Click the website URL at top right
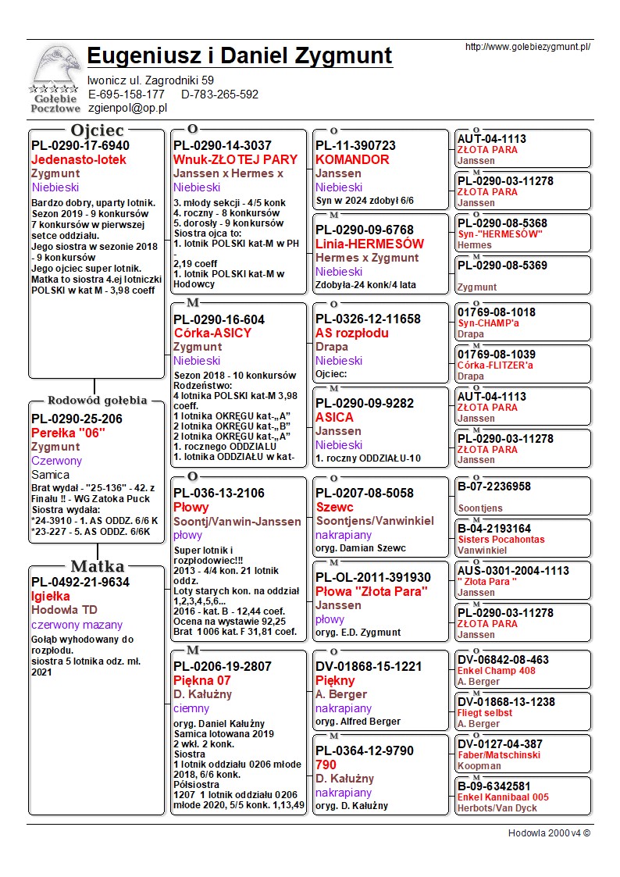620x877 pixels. point(527,47)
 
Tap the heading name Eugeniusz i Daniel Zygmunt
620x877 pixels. point(240,56)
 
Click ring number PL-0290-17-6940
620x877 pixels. point(80,146)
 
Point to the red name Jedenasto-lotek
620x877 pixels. point(78,160)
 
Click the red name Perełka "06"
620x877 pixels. point(68,433)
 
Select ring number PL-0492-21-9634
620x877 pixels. point(80,582)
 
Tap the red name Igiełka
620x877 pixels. point(51,596)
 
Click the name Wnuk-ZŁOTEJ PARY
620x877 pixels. point(235,160)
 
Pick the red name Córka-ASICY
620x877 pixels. point(212,333)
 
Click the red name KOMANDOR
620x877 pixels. point(352,160)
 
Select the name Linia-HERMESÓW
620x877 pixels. point(369,244)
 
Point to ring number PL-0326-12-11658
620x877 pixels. point(368,319)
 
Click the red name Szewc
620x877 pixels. point(335,507)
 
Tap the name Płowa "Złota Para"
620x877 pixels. point(372,590)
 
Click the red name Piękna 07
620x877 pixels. point(202,680)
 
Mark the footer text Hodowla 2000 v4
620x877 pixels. point(549,833)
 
